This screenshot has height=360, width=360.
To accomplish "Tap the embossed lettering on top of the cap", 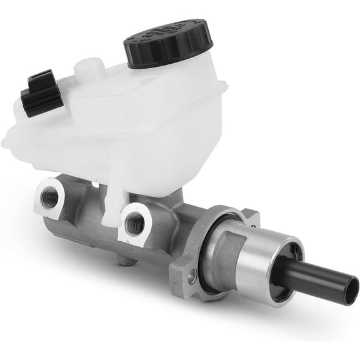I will (169, 34).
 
